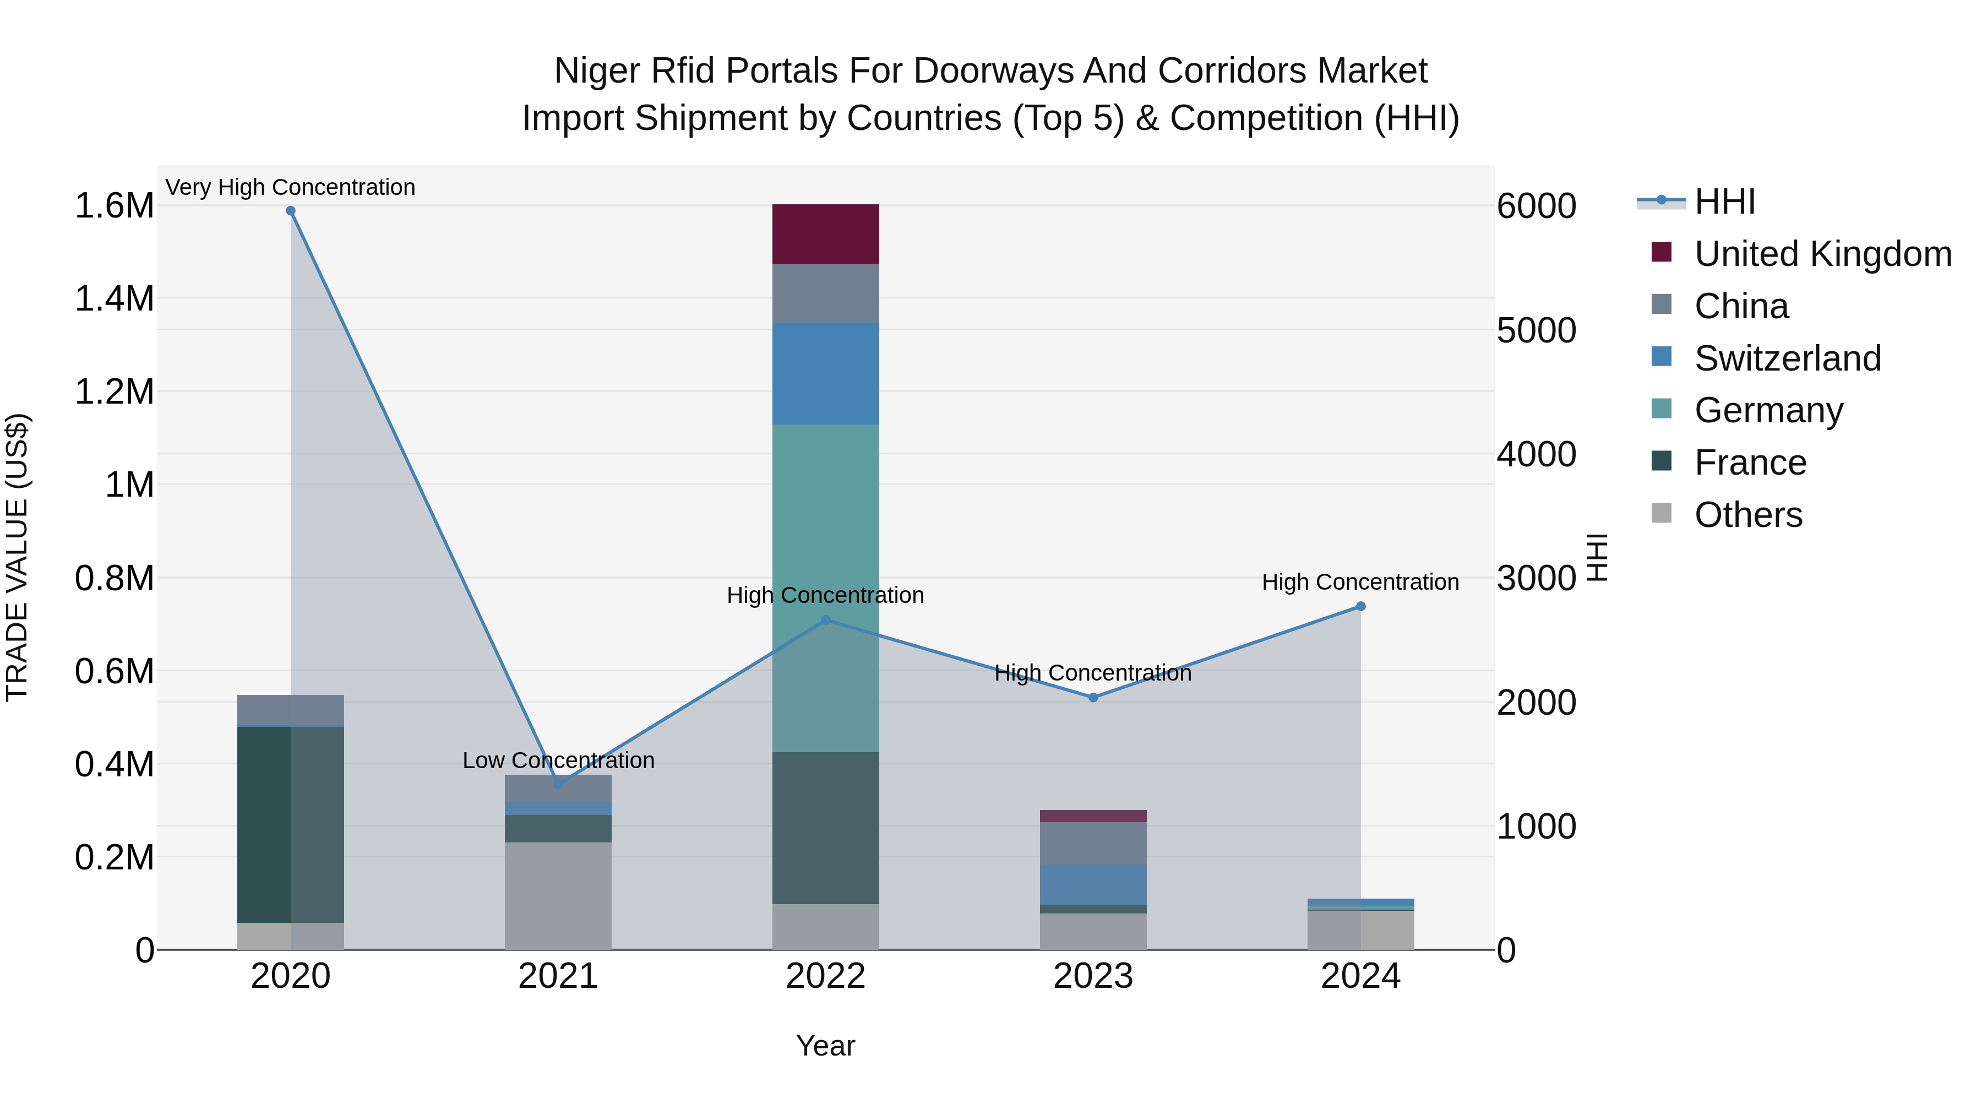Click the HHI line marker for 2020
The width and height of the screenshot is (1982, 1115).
(290, 211)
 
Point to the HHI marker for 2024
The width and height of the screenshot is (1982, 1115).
(1360, 606)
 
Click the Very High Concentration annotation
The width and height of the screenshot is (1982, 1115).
(290, 187)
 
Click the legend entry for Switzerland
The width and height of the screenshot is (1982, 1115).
(1787, 358)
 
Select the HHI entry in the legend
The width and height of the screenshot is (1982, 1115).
(1723, 202)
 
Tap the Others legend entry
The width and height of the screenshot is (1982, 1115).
(1747, 515)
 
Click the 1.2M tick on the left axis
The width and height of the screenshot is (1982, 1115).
(114, 391)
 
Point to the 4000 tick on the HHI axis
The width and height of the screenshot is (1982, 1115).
(1535, 454)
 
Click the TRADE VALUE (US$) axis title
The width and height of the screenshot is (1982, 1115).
(17, 557)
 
